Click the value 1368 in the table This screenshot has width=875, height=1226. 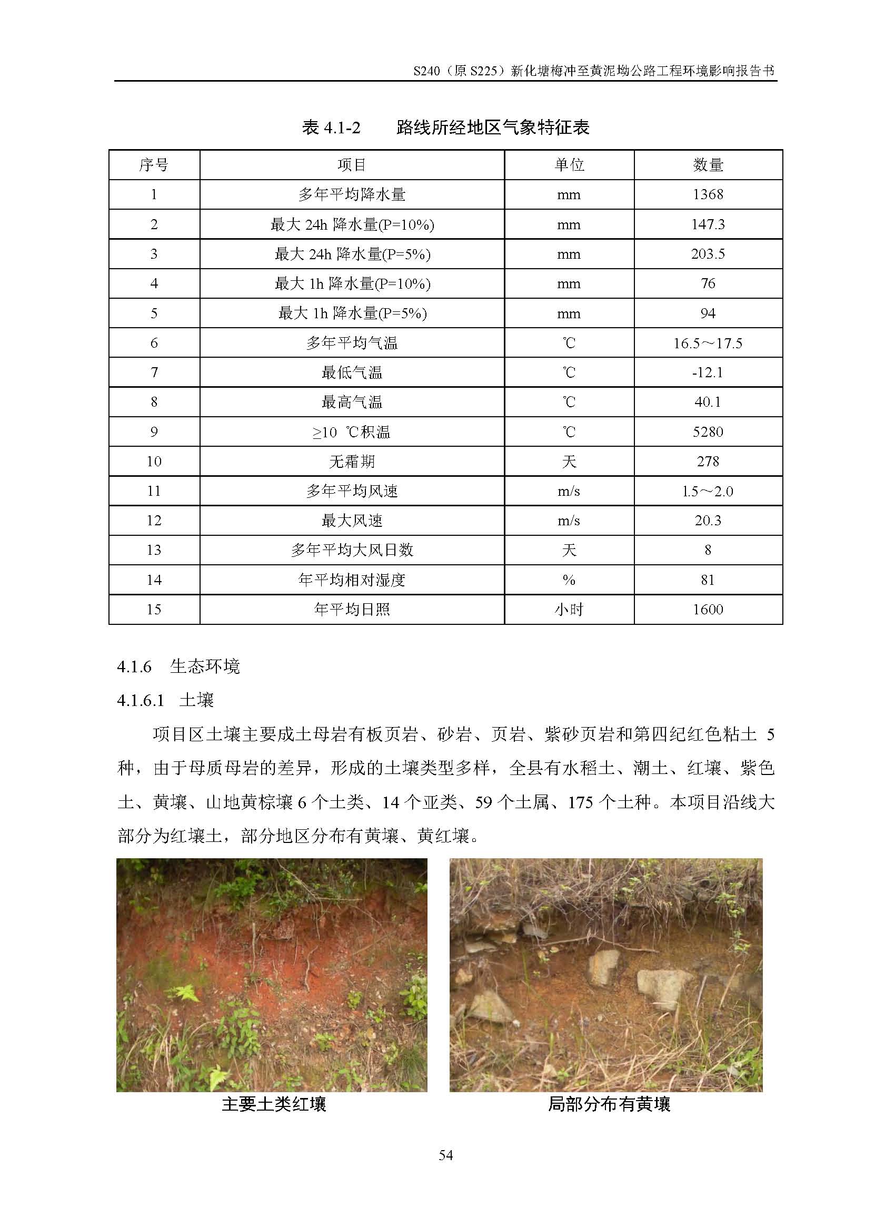708,194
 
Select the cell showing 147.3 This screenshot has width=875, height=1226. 708,224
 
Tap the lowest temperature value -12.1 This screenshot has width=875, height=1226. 708,372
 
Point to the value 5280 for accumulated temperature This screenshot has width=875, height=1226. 708,432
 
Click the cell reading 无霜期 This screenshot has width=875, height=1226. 351,462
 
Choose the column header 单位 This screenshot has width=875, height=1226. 569,165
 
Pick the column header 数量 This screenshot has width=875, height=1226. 708,165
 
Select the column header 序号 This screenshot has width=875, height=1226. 154,165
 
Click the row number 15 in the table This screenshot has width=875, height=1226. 154,610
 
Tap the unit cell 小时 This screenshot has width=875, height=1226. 569,610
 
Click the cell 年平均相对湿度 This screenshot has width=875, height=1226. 351,580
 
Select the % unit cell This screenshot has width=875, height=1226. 569,580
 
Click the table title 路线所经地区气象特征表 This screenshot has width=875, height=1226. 492,128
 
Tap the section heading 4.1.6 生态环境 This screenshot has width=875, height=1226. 178,666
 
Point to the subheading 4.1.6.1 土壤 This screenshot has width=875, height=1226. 165,700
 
